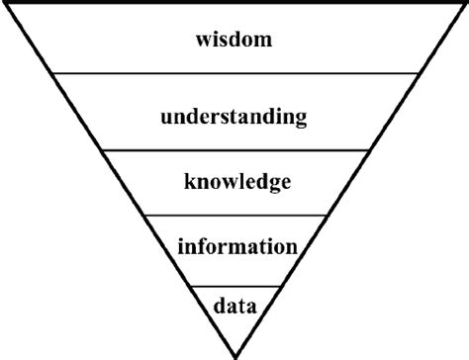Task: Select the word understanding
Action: coord(234,118)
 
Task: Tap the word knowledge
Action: coord(236,182)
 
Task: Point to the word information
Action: coord(236,245)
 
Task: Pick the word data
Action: coord(235,305)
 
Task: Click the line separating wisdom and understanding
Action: coord(234,73)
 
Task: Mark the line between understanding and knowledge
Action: coord(234,150)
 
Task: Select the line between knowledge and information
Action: coord(234,215)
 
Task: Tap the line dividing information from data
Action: coord(234,286)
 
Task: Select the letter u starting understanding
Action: coord(167,118)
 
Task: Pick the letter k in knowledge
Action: coord(189,181)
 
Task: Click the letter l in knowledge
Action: coord(238,181)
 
